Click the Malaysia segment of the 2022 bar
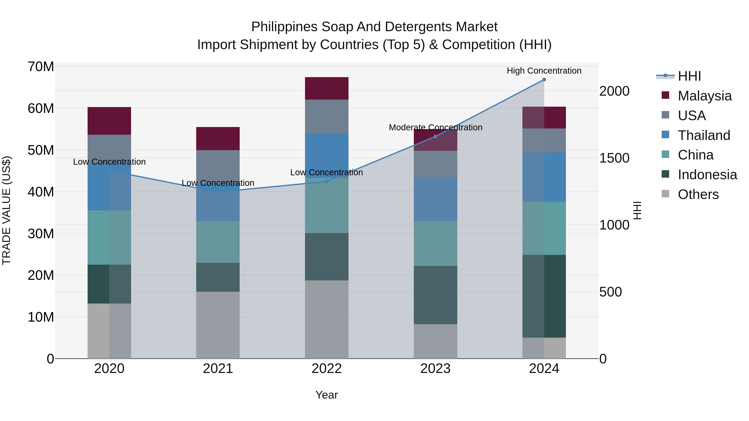326,88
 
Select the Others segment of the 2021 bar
218,325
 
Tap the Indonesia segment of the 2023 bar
435,295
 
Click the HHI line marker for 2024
544,80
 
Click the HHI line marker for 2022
326,181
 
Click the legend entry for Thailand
704,135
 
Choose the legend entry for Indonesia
707,175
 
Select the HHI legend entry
689,76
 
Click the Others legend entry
698,195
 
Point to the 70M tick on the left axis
41,67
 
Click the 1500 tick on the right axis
614,158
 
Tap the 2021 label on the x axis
218,369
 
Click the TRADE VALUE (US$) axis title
6,210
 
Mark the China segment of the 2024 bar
544,228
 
